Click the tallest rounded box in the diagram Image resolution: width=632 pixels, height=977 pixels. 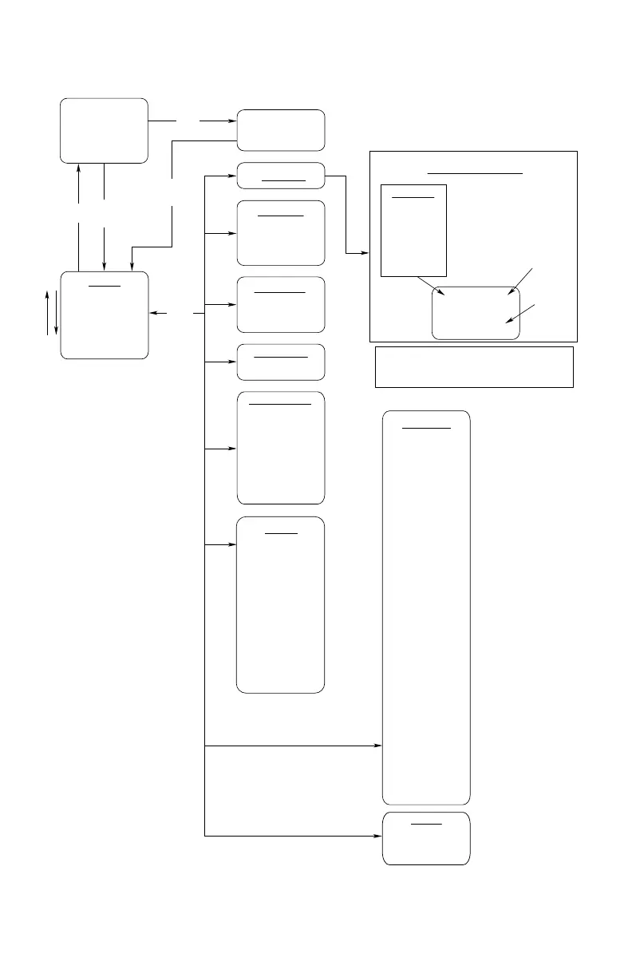click(426, 607)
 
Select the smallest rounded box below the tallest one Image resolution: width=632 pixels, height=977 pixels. click(426, 839)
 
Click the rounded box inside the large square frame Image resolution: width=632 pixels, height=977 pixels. click(476, 313)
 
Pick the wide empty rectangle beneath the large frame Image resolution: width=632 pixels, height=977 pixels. click(474, 366)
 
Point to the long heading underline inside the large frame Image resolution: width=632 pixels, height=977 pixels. click(475, 172)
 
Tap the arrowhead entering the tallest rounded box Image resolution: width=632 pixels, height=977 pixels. click(378, 746)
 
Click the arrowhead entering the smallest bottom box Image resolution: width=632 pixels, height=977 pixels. click(378, 836)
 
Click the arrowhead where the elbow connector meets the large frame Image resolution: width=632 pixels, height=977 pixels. click(365, 254)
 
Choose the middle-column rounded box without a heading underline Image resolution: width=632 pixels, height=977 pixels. click(280, 130)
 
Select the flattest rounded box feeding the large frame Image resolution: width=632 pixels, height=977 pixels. click(280, 176)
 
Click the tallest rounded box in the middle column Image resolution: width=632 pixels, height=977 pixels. click(280, 604)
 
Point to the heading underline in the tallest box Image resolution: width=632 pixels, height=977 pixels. click(426, 428)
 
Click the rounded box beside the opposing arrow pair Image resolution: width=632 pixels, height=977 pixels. click(105, 314)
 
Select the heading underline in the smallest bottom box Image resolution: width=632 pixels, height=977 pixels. click(426, 823)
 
